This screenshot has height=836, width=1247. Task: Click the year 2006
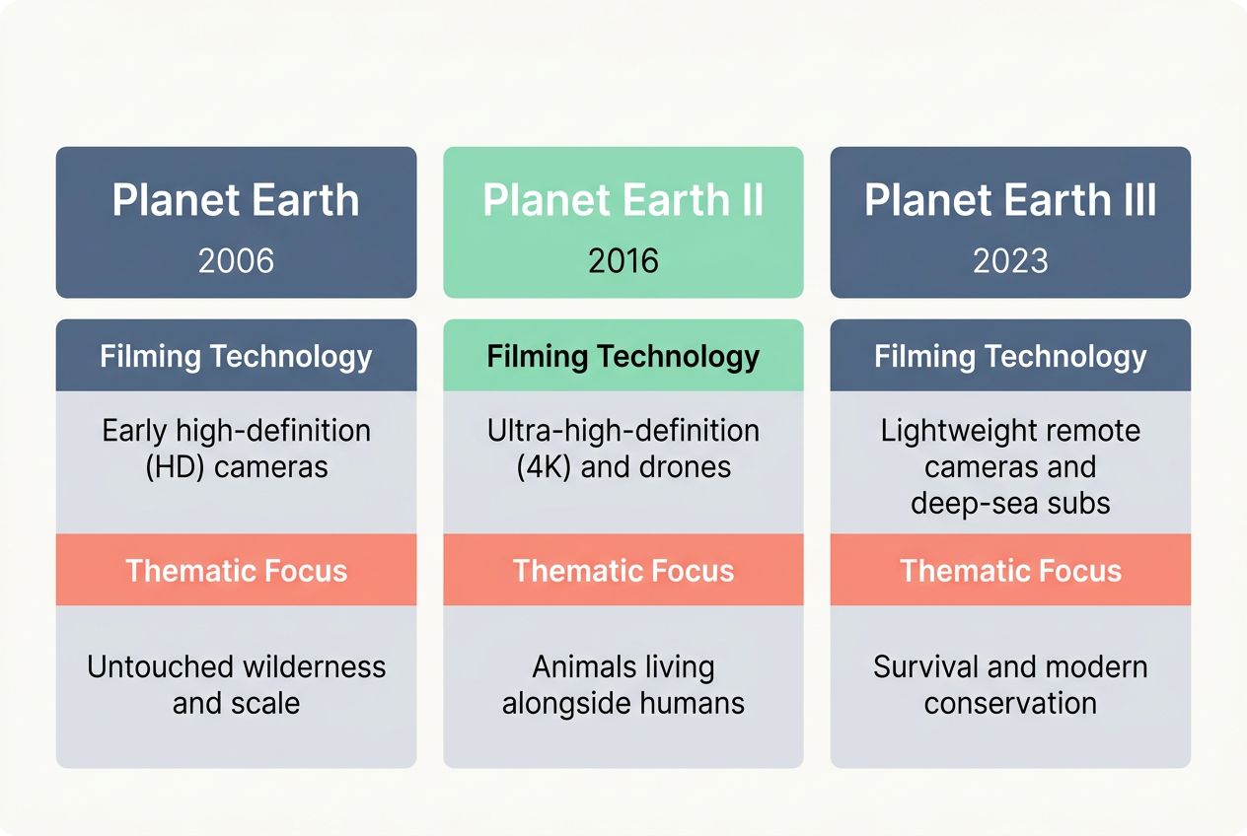[x=236, y=260]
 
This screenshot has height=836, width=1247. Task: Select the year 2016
[x=623, y=260]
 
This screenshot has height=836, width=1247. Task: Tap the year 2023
[x=1010, y=260]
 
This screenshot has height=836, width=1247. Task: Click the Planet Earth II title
[x=623, y=200]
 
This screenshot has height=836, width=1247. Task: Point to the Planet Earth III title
[x=1010, y=200]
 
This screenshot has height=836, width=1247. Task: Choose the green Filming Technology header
[x=623, y=356]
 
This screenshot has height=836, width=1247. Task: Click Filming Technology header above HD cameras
[x=236, y=356]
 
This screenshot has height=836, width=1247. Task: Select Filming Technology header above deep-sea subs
[x=1010, y=356]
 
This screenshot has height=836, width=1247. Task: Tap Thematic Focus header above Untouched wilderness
[x=236, y=571]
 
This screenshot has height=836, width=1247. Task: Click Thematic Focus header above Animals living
[x=623, y=571]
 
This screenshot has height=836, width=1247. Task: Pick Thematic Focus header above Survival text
[x=1010, y=571]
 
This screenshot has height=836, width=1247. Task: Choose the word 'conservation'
[x=1010, y=704]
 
